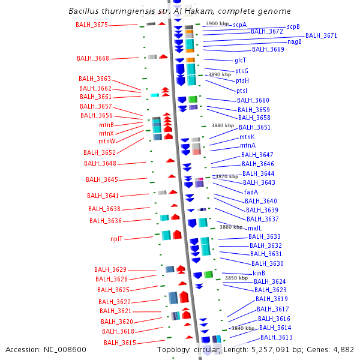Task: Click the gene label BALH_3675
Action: [x=92, y=25]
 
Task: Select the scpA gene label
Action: [x=240, y=25]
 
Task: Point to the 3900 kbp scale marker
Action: [x=217, y=23]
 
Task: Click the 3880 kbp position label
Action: [x=223, y=125]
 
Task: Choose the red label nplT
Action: [x=116, y=239]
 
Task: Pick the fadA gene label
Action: [x=251, y=192]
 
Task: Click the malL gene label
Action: [x=254, y=228]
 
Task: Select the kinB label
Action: [x=259, y=273]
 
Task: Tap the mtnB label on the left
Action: [x=107, y=125]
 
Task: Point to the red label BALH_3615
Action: [x=120, y=343]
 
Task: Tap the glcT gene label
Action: [x=241, y=60]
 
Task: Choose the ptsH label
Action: [x=242, y=80]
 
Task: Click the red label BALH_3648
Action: [x=100, y=163]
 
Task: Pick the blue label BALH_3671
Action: [x=321, y=35]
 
